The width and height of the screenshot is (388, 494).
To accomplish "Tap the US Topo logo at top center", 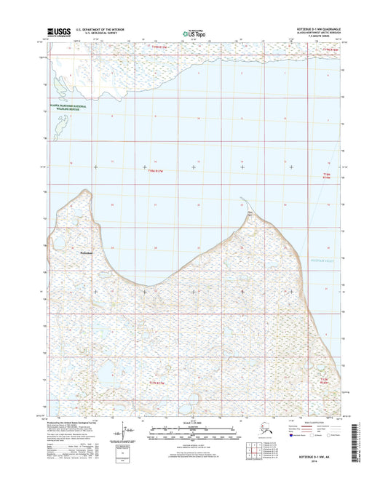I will pos(193,31).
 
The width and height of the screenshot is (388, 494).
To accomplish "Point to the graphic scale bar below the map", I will pos(193,434).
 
